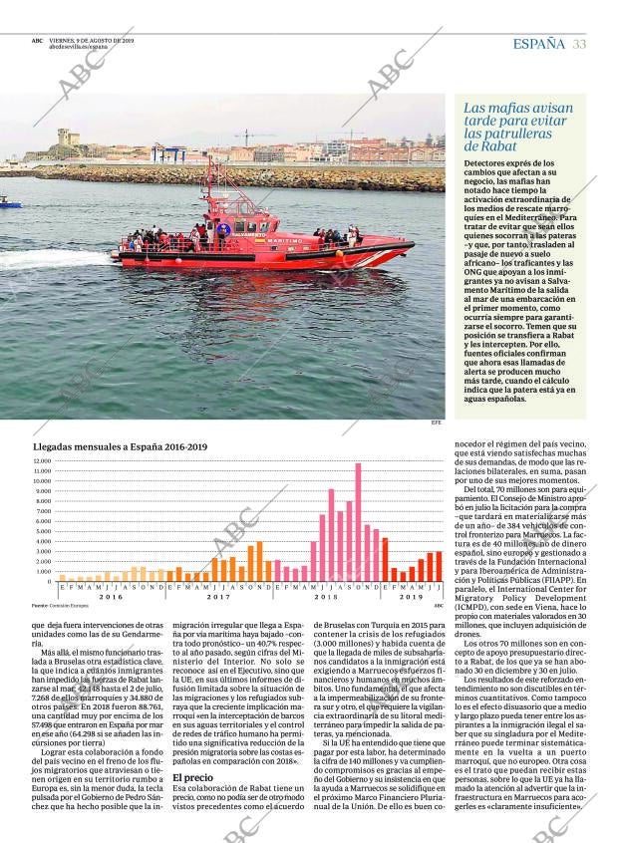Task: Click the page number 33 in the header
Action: pos(579,44)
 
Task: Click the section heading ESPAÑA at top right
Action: pos(538,44)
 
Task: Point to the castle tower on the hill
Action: pos(67,138)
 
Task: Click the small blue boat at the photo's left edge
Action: pos(9,202)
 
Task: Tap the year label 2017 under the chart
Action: pos(217,596)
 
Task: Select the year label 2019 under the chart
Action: pos(412,596)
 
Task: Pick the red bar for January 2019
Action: pos(386,560)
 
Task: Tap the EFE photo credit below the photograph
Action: pos(436,422)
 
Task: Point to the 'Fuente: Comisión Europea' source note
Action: pos(60,605)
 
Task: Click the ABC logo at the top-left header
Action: pos(36,41)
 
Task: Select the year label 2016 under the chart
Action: pos(111,596)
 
